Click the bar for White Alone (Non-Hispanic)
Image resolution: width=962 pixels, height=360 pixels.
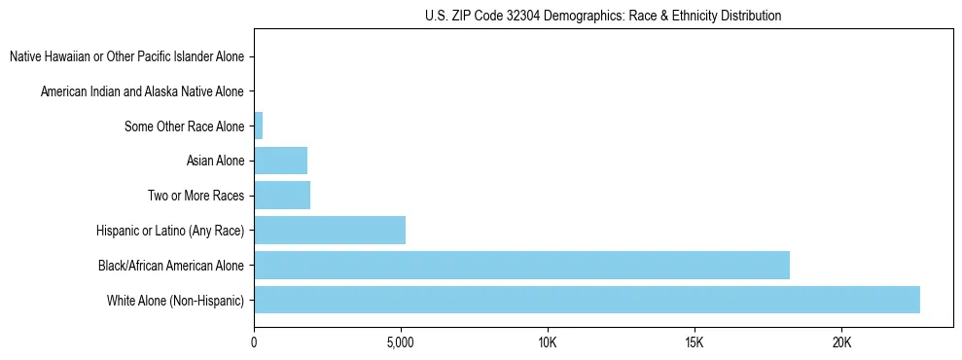click(587, 300)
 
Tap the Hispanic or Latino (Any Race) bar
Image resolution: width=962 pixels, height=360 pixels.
click(330, 231)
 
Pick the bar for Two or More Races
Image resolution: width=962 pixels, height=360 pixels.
click(282, 196)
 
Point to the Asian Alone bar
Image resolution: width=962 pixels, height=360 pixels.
click(280, 161)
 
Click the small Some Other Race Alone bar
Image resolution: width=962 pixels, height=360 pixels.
click(259, 126)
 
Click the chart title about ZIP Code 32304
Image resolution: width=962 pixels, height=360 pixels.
click(603, 16)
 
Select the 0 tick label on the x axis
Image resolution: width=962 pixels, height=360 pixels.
click(254, 342)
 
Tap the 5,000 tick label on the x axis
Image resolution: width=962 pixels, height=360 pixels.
click(401, 342)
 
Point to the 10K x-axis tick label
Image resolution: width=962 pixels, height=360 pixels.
click(548, 342)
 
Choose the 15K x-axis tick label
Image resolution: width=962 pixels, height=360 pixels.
click(695, 342)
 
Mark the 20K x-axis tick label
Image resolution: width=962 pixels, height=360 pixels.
click(841, 342)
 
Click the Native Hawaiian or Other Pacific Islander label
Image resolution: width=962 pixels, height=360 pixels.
click(127, 56)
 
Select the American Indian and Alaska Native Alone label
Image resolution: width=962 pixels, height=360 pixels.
click(143, 91)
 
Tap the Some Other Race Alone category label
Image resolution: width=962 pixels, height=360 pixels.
click(185, 126)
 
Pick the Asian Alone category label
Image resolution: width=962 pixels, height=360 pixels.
click(215, 161)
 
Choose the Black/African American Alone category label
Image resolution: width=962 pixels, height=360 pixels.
click(171, 265)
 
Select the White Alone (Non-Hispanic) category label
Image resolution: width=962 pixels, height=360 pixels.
click(176, 300)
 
